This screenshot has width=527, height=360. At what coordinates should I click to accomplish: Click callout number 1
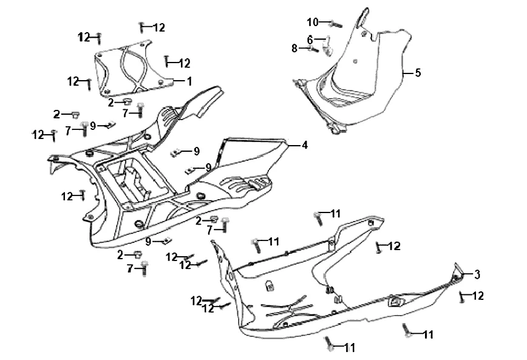tap(189, 80)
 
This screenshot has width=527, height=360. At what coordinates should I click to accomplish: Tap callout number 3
tap(477, 274)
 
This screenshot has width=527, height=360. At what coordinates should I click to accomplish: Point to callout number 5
tap(418, 73)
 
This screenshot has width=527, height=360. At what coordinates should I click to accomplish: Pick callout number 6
tap(310, 39)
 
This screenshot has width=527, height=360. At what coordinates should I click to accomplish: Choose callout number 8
tap(294, 48)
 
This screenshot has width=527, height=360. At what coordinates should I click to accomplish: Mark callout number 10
tap(312, 22)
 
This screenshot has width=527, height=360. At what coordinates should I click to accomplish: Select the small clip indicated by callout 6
tap(328, 47)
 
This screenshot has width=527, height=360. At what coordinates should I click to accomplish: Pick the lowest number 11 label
tap(349, 348)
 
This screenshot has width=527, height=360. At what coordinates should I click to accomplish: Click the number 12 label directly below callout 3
tap(478, 296)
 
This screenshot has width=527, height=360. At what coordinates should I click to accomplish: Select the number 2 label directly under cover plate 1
tap(110, 103)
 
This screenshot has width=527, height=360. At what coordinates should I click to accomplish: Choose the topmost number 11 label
tap(335, 213)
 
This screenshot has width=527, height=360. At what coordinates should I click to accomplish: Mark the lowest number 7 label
tap(129, 268)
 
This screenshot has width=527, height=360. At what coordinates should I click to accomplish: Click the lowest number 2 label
tap(120, 254)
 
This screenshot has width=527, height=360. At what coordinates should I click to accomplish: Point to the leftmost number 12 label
tap(38, 134)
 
